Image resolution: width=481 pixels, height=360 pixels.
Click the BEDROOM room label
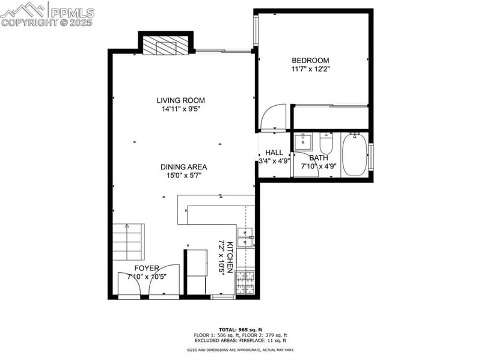[x=310, y=60]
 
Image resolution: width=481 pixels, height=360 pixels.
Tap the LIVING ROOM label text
[x=181, y=100]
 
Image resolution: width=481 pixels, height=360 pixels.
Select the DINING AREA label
[x=183, y=167]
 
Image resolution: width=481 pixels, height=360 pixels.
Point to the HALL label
[x=274, y=153]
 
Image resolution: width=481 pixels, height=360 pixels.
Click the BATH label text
[x=319, y=158]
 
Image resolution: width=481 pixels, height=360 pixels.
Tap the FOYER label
[x=146, y=268]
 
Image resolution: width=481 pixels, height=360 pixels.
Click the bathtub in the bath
[x=354, y=155]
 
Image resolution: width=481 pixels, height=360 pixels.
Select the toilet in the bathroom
[x=326, y=143]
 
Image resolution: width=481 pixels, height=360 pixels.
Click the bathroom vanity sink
[x=304, y=142]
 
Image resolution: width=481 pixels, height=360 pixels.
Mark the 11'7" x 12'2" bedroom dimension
[x=310, y=69]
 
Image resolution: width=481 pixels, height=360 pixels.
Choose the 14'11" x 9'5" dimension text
[x=181, y=109]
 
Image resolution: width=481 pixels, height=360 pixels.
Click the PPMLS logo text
[x=72, y=11]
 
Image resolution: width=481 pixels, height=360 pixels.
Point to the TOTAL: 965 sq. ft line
[x=240, y=330]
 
